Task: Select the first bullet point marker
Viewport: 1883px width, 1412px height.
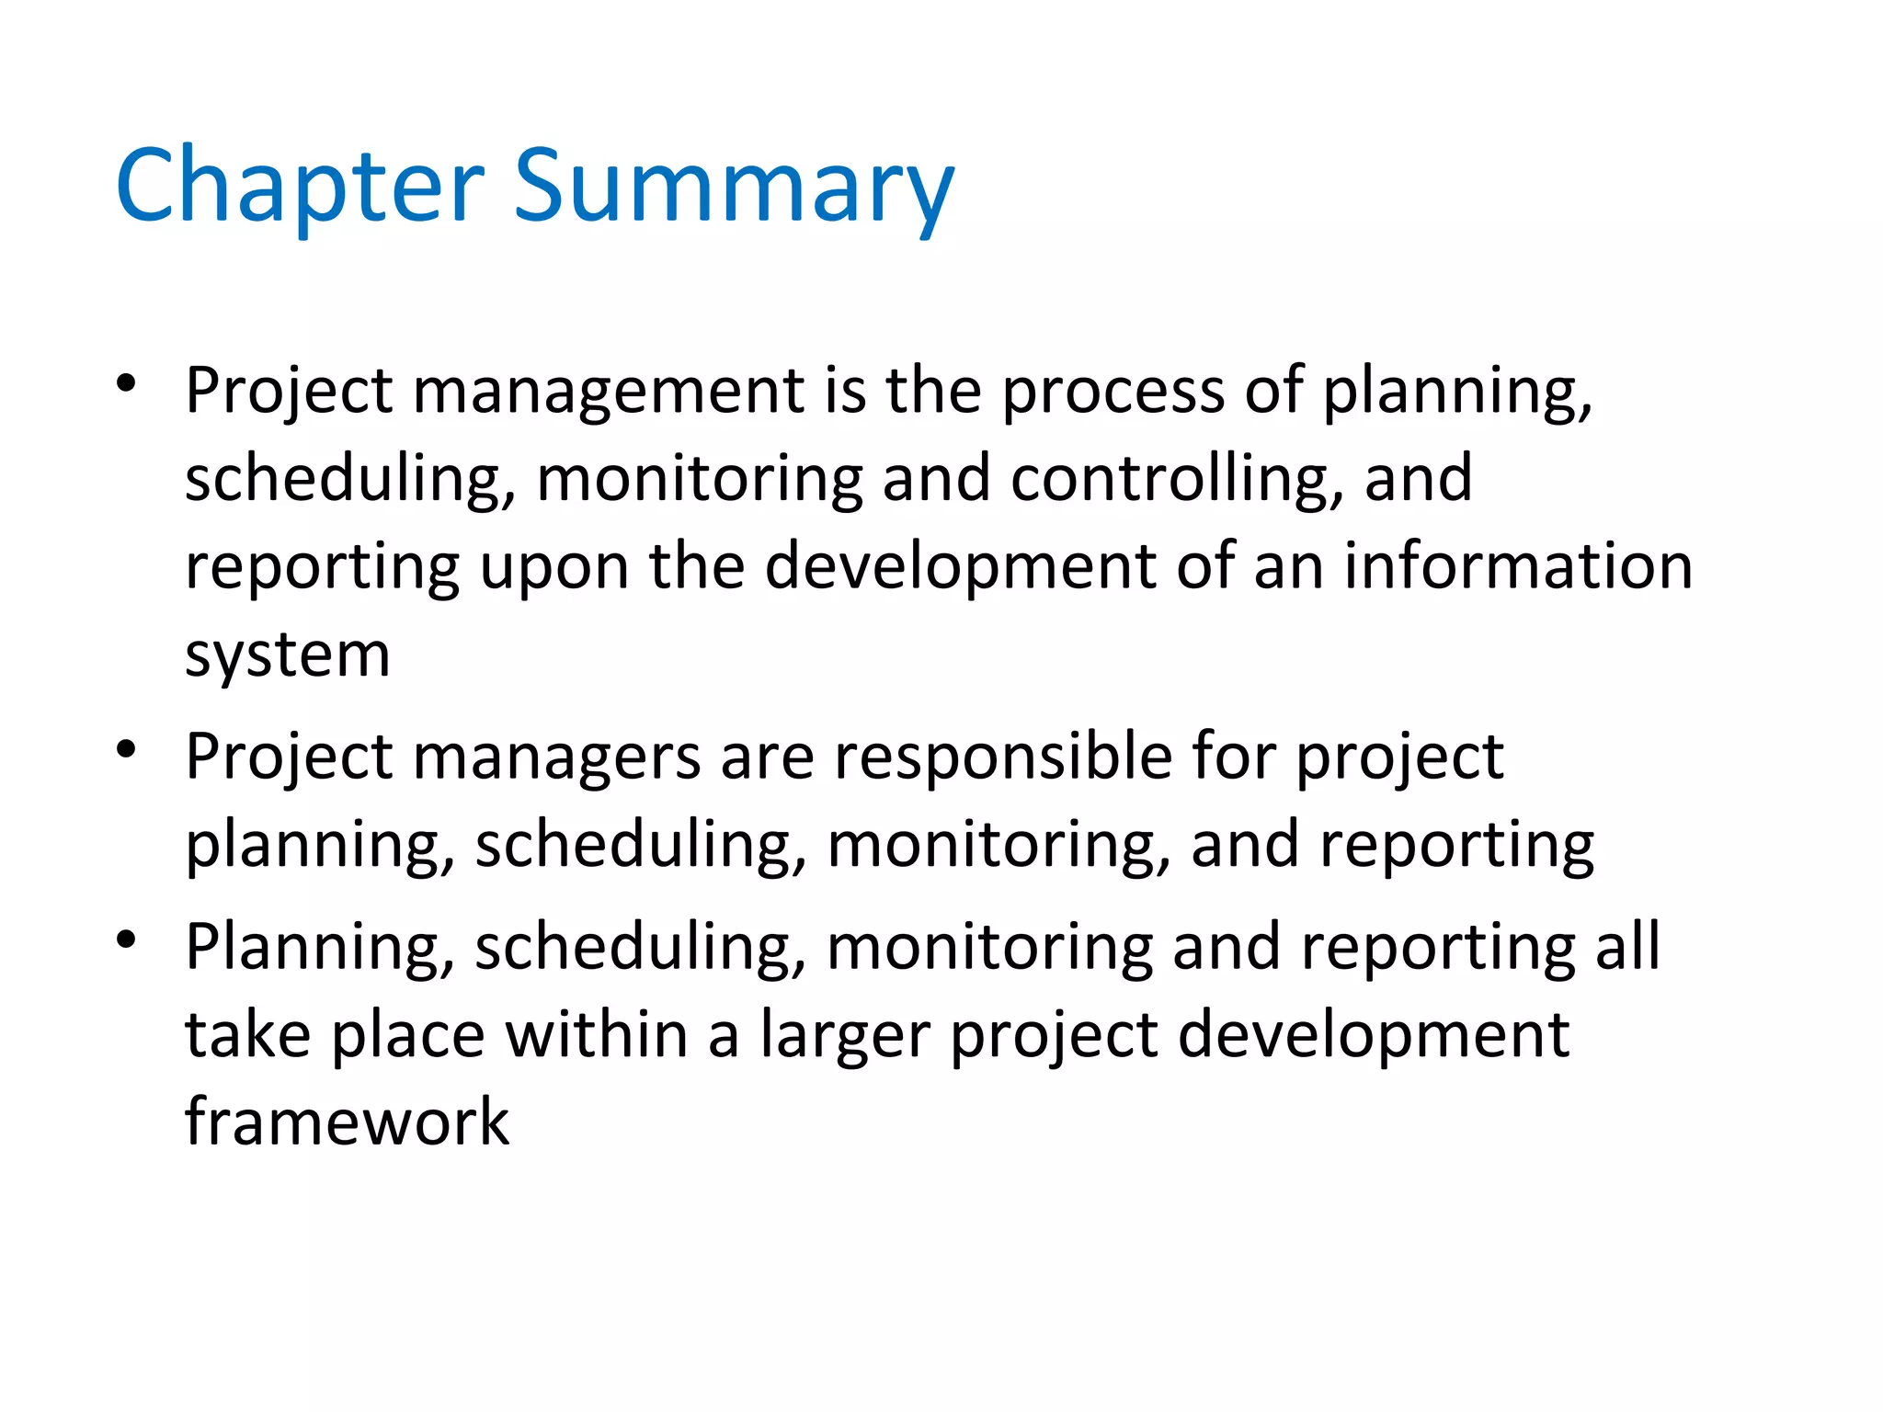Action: coord(127,383)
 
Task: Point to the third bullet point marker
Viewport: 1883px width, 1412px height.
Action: coord(127,939)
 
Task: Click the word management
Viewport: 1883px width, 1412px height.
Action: coord(609,391)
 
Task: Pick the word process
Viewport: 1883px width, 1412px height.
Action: coord(1113,391)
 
